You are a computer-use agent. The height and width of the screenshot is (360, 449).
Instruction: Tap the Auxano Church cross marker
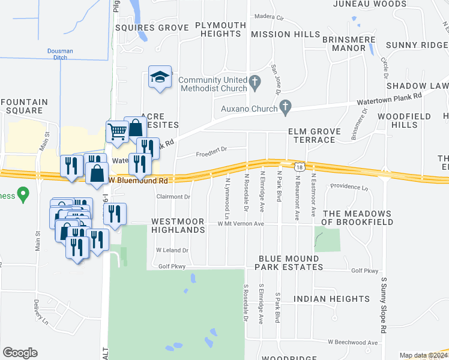[x=286, y=109]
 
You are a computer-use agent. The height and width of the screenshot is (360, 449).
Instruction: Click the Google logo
[x=20, y=353]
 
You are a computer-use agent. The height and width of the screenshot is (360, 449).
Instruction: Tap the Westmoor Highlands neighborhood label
[x=178, y=226]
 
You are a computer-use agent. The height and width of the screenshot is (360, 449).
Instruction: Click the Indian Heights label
[x=332, y=299]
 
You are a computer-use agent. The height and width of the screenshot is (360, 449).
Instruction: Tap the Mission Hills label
[x=285, y=34]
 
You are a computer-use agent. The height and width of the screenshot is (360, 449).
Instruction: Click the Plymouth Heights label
[x=220, y=30]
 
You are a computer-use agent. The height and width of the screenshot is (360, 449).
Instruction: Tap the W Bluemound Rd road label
[x=138, y=180]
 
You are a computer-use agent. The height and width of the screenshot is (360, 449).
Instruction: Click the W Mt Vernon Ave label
[x=241, y=224]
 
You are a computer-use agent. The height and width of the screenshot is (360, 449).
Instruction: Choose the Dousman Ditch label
[x=60, y=54]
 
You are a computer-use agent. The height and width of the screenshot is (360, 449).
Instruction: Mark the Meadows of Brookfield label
[x=358, y=218]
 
